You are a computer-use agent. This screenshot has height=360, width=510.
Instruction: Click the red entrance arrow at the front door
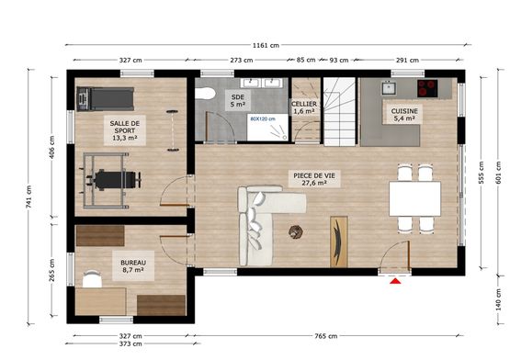[x=396, y=281]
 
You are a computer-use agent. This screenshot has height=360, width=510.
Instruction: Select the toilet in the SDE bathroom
[x=208, y=92]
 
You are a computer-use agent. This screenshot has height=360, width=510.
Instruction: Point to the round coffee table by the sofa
[x=296, y=231]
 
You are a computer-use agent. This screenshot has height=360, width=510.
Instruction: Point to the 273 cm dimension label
[x=241, y=61]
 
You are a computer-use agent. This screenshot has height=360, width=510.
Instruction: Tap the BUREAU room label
[x=132, y=262]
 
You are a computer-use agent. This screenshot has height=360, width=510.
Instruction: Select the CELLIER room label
[x=304, y=104]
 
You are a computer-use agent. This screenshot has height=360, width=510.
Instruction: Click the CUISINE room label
[x=405, y=111]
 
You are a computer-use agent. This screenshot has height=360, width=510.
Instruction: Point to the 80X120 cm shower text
[x=262, y=118]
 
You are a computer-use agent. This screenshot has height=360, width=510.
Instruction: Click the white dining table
[x=414, y=197]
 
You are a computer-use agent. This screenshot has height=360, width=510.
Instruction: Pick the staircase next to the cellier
[x=339, y=107]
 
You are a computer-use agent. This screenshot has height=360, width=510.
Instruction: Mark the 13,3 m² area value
[x=124, y=139]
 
